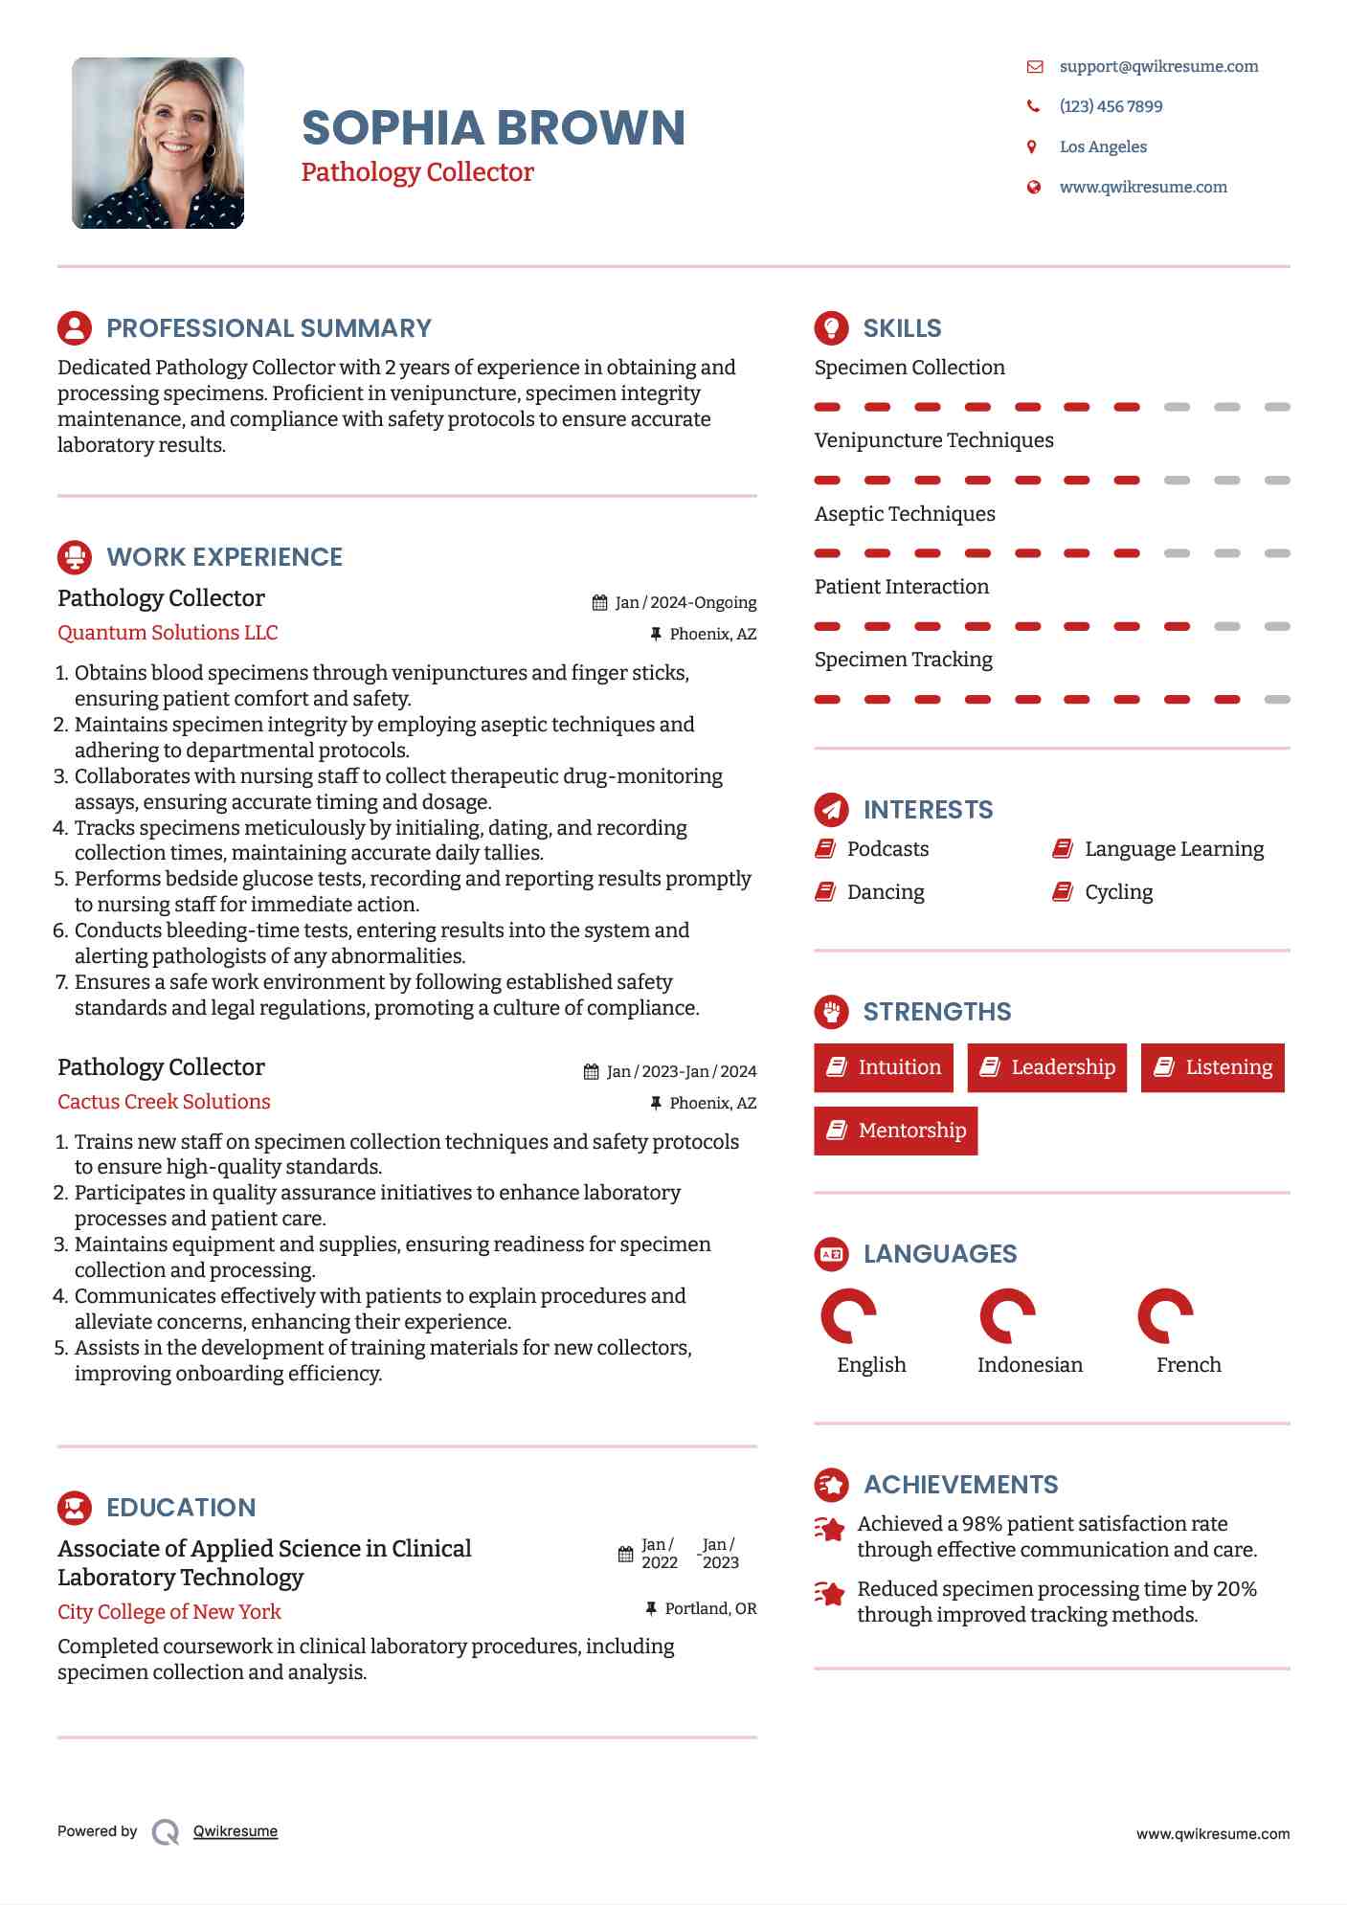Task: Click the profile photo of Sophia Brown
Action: pos(158,144)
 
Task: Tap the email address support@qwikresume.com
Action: pos(1158,66)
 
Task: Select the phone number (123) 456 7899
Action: pos(1111,106)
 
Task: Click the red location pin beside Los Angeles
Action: pos(1032,146)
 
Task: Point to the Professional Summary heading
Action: pos(268,328)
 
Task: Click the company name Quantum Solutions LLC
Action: pos(168,633)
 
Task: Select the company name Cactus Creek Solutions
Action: pos(164,1102)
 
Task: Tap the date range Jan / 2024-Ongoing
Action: pos(685,602)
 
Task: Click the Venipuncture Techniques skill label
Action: pos(933,440)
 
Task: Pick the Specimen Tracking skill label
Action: pos(903,660)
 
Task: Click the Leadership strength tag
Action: pos(1047,1067)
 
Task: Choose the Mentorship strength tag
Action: pos(896,1131)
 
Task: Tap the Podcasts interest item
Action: pos(887,849)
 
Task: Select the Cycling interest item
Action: pos(1118,892)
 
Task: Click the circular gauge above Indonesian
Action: pos(1007,1316)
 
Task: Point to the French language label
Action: pos(1188,1365)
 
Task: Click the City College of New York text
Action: pos(169,1612)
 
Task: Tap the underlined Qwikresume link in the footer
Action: pos(236,1831)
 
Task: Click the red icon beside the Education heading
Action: pos(75,1508)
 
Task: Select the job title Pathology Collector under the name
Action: pos(417,172)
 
